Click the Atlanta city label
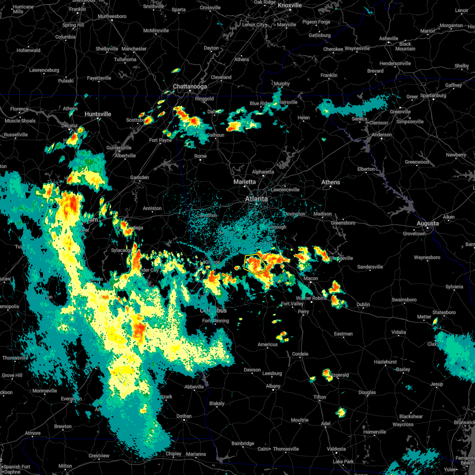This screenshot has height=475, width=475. pos(256,199)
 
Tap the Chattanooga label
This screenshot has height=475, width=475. pos(190,86)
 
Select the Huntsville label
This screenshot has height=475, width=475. pos(98,114)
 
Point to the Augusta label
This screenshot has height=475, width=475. pos(427,224)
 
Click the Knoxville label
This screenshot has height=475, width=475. pos(290,5)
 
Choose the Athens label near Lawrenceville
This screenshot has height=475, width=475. pos(331,182)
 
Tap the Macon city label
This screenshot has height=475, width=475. pos(311,278)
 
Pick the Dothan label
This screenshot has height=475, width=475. pos(184,416)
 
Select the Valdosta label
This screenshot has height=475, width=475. pos(336,449)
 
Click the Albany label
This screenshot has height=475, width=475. pos(273,386)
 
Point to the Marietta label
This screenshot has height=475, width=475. pos(245,182)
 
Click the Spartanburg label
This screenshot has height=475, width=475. pos(433,95)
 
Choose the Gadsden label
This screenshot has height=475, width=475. pos(140,177)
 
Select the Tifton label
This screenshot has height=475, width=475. pos(320,397)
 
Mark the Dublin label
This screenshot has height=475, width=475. pos(363,304)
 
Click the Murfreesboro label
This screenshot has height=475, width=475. pos(112,16)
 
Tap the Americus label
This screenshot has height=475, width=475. pos(268,344)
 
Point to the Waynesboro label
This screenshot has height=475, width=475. pos(427,257)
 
